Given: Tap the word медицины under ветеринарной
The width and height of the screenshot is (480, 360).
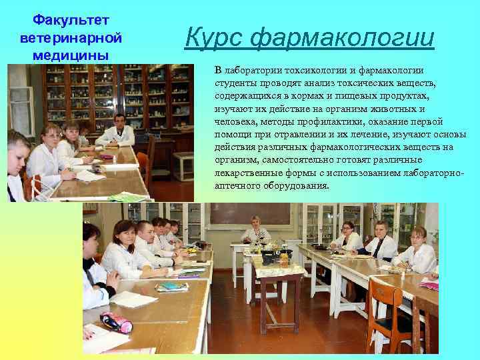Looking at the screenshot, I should point(64,54).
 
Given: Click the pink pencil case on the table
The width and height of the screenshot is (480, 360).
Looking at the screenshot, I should point(116,322).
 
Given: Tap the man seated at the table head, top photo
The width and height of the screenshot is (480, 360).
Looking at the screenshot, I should point(119,129).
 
